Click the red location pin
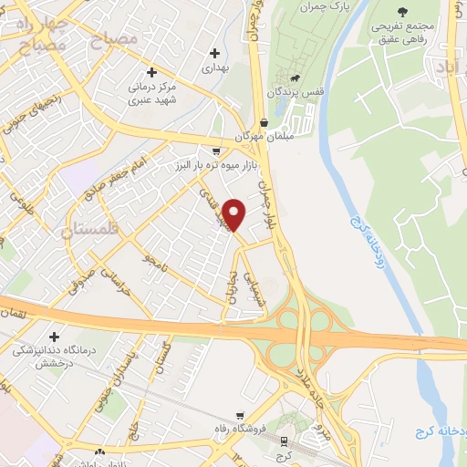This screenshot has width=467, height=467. [x=234, y=213]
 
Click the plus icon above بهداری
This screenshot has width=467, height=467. [x=214, y=54]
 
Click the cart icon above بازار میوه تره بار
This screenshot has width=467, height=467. [x=215, y=151]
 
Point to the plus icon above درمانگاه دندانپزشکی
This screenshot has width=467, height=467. [x=54, y=337]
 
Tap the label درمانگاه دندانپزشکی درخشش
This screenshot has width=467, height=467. [x=54, y=357]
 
